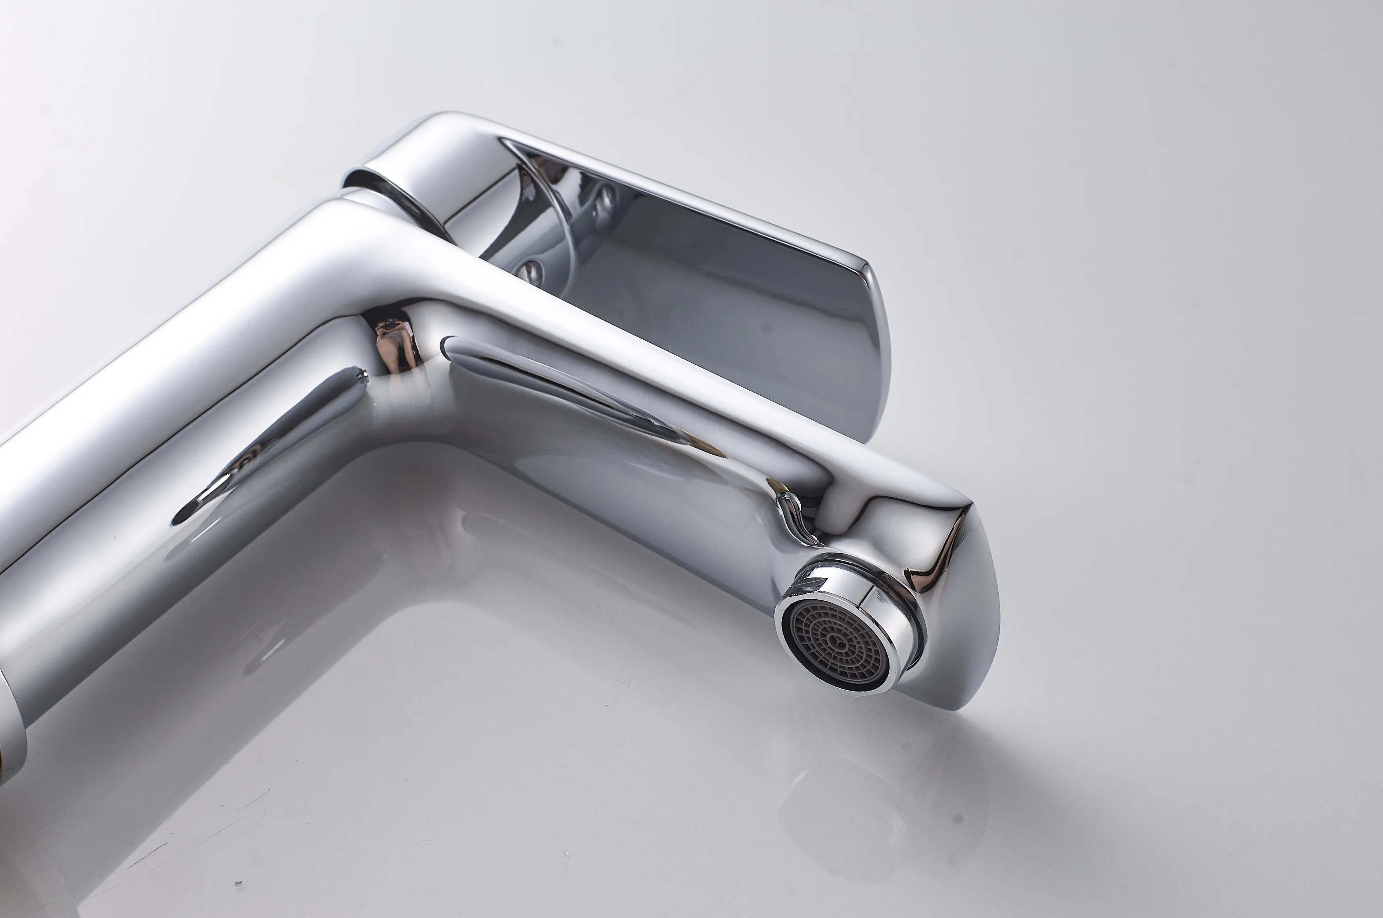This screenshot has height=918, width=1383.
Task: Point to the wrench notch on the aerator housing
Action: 814,583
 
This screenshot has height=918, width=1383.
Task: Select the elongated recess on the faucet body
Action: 269,445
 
